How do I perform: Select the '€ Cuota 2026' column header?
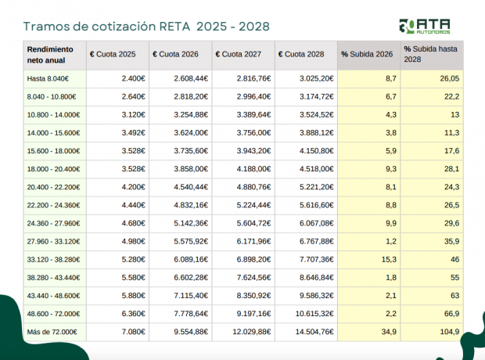pyautogui.click(x=176, y=54)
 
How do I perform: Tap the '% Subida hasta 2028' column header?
pyautogui.click(x=430, y=54)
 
